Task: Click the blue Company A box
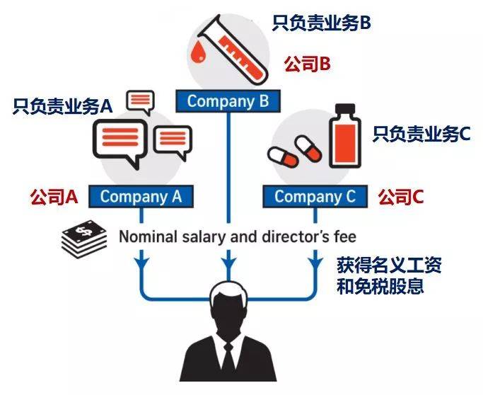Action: coord(141,196)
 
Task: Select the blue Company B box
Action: coord(228,101)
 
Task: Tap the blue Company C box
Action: coord(315,196)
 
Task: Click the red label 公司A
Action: coord(54,197)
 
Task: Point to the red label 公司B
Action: coord(308,64)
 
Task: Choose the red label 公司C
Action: coord(401,197)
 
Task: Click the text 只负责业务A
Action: coord(62,107)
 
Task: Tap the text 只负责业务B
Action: coord(321,23)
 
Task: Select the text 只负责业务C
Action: coord(421,134)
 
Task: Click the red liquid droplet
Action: coord(198,51)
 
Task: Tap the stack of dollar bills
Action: coord(84,239)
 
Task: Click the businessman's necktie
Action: coord(228,362)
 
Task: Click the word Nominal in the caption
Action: coord(149,237)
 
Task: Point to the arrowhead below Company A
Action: coord(141,262)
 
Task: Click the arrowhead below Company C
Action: coord(315,262)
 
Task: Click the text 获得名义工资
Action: coord(390,265)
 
